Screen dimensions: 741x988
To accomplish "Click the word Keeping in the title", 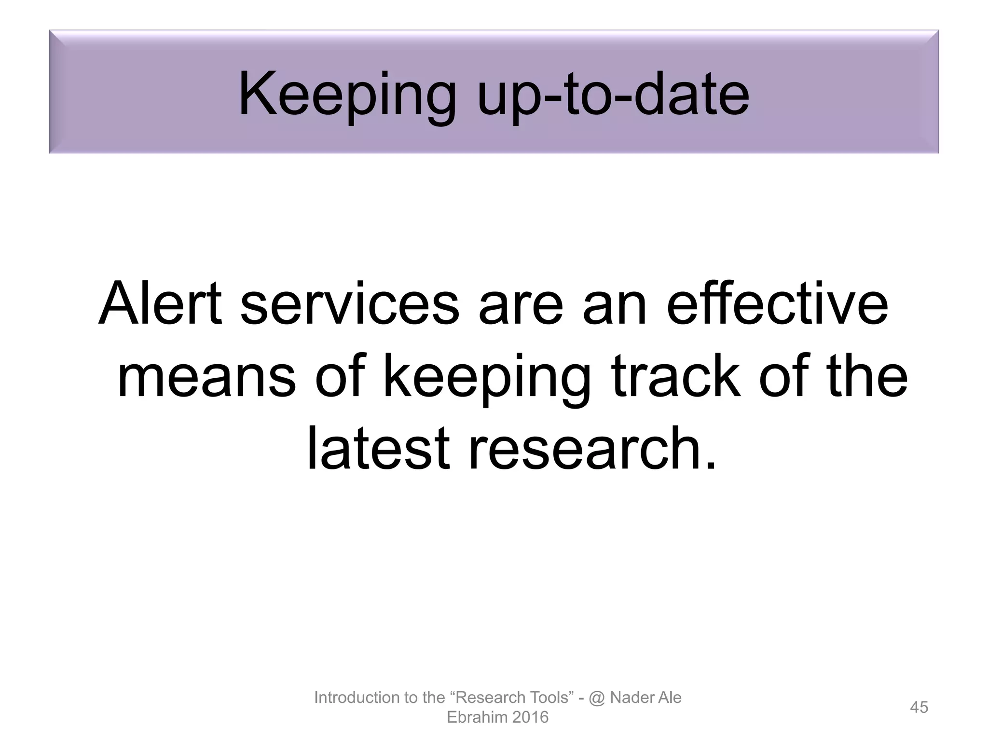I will (x=346, y=94).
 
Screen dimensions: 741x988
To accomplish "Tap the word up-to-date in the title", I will (x=613, y=94).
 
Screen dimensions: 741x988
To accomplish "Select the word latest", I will (x=378, y=448).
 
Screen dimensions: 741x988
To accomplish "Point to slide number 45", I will (x=919, y=707).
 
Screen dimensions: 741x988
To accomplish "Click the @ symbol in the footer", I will (x=597, y=698).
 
